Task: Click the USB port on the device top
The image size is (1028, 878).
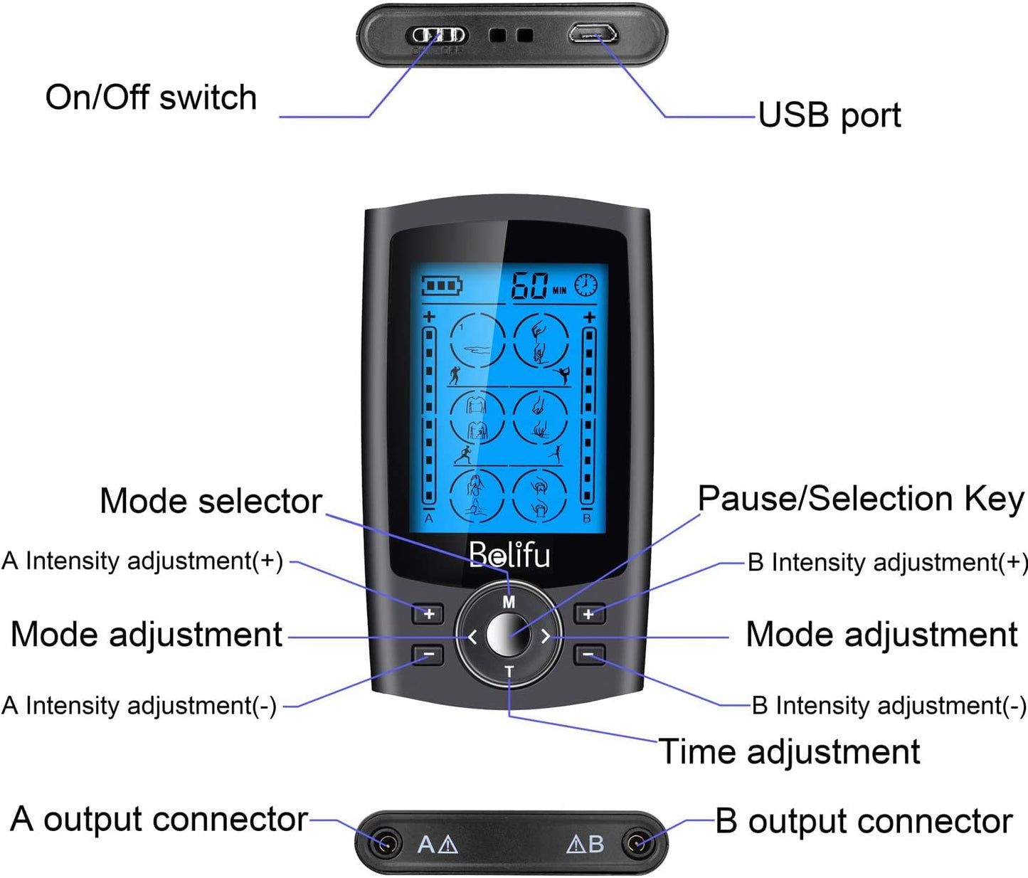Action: tap(592, 33)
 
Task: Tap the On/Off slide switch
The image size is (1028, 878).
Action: tap(436, 35)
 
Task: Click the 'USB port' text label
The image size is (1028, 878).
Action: tap(829, 115)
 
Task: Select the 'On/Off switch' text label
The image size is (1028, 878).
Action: tap(151, 97)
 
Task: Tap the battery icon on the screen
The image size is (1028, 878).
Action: tap(442, 286)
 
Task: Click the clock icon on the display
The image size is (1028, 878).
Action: tap(586, 285)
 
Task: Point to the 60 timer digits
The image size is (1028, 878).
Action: tap(530, 286)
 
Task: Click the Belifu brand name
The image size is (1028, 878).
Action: tap(509, 555)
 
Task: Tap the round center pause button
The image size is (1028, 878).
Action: tap(508, 635)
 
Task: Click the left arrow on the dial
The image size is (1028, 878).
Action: tap(472, 636)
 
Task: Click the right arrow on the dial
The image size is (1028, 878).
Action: tap(546, 636)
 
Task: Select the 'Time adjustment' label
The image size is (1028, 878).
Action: tap(789, 752)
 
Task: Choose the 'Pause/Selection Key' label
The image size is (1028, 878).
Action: tap(860, 499)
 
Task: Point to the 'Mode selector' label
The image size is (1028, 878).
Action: tap(211, 501)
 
